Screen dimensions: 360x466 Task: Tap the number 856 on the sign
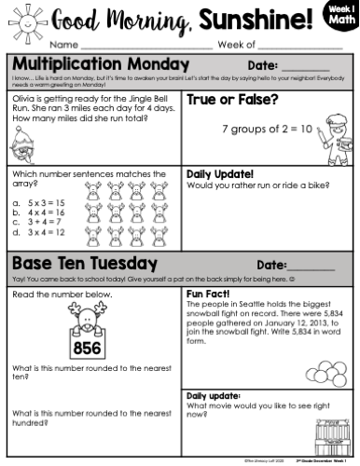[x=85, y=349]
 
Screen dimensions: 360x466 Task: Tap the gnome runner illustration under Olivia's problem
[x=25, y=144]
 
